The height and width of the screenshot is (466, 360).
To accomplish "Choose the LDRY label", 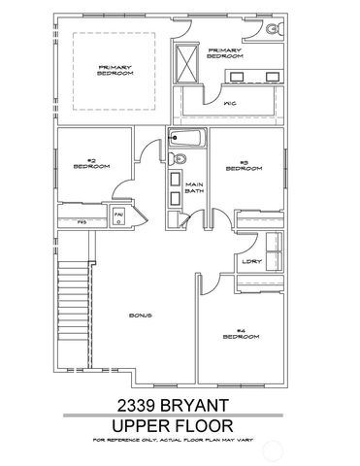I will [x=251, y=260].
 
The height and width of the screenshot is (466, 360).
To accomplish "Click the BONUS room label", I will [x=142, y=316].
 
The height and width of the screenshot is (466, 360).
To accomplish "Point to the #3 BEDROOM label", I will [x=244, y=165].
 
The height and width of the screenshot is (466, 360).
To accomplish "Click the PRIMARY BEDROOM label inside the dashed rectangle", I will [x=115, y=69].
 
